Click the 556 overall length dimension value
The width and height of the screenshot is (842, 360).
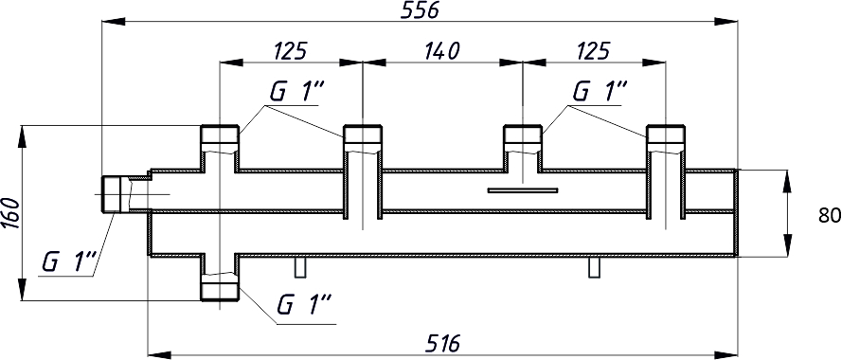tap(421, 10)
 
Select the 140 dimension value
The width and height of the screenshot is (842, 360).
tap(440, 50)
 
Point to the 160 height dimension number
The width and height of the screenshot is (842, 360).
tap(10, 212)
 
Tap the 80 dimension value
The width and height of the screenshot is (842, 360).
tap(828, 216)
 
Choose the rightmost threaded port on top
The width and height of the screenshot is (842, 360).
tap(665, 140)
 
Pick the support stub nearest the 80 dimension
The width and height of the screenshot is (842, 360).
tap(594, 267)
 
